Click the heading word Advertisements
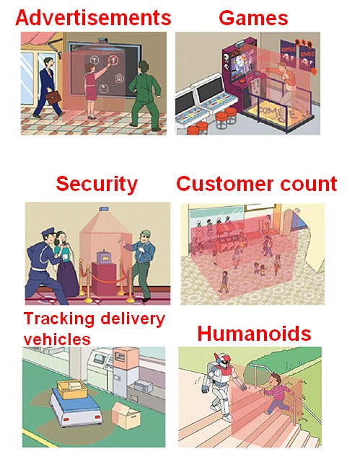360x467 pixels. pyautogui.click(x=93, y=18)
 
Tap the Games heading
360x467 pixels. pyautogui.click(x=253, y=18)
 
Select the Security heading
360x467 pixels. pyautogui.click(x=97, y=184)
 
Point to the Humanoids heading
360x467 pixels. pyautogui.click(x=254, y=333)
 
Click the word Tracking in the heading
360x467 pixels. pyautogui.click(x=59, y=319)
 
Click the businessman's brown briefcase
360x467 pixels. pyautogui.click(x=53, y=97)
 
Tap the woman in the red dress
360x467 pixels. pyautogui.click(x=93, y=90)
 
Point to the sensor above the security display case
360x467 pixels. pyautogui.click(x=104, y=208)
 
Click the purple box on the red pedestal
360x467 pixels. pyautogui.click(x=103, y=257)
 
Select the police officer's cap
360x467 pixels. pyautogui.click(x=48, y=231)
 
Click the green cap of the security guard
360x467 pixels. pyautogui.click(x=146, y=233)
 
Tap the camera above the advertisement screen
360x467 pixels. pyautogui.click(x=103, y=40)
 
